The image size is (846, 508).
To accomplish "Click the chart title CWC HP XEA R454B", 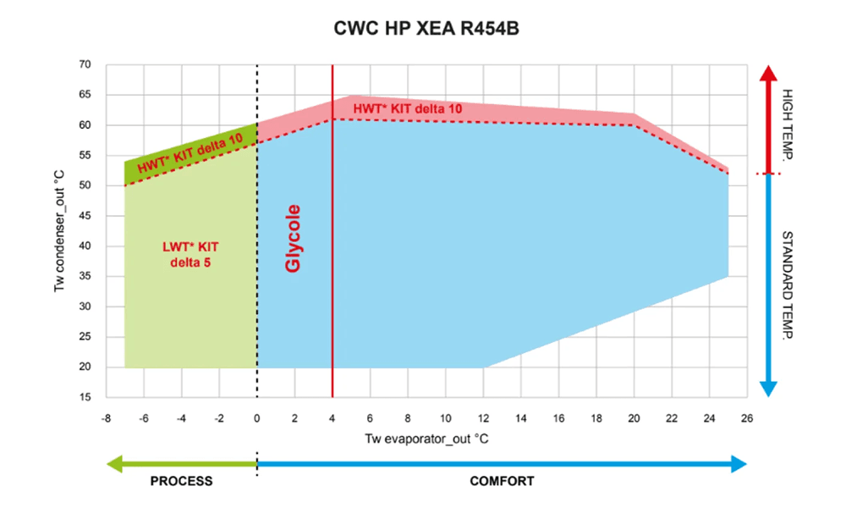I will [x=423, y=28].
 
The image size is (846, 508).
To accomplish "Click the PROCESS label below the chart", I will [x=181, y=481].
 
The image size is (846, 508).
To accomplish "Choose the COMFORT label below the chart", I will [x=502, y=481].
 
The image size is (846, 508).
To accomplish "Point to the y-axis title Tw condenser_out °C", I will [x=60, y=231].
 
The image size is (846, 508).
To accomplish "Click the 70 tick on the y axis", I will [x=85, y=64].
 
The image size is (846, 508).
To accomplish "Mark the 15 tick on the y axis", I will [x=85, y=398].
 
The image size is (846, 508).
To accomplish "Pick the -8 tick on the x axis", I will [x=106, y=417].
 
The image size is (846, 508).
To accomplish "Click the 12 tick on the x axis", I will [x=482, y=417].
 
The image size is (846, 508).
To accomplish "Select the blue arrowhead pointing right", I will [x=738, y=463].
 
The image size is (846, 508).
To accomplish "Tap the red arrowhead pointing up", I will [x=768, y=74].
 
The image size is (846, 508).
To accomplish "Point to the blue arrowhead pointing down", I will [x=768, y=388].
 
